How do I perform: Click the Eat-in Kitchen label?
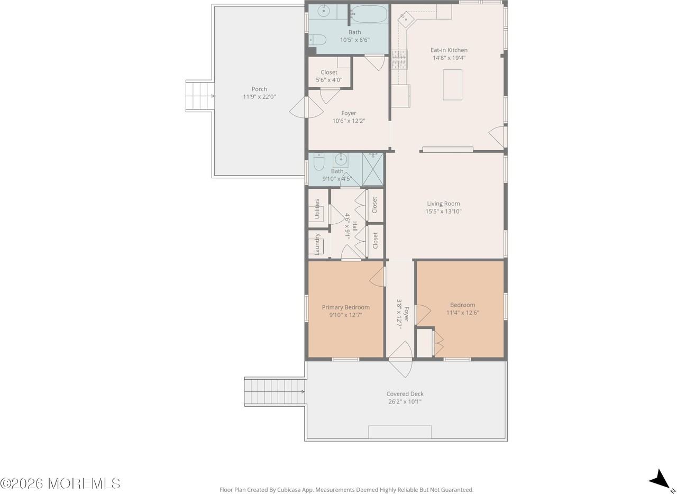449,50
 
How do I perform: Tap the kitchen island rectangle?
452,85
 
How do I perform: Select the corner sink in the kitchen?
406,19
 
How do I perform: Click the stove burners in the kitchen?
399,60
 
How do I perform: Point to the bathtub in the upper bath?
369,14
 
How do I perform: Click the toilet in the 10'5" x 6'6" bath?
317,40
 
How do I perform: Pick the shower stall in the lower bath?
373,169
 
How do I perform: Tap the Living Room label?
443,204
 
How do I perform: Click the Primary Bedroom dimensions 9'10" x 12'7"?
346,315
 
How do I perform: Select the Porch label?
259,89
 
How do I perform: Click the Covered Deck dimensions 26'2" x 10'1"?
405,402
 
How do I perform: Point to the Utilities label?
317,208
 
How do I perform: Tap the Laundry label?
317,244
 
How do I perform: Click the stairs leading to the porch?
200,96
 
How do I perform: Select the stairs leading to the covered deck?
275,392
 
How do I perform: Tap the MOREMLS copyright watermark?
60,483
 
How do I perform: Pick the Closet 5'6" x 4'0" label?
329,76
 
